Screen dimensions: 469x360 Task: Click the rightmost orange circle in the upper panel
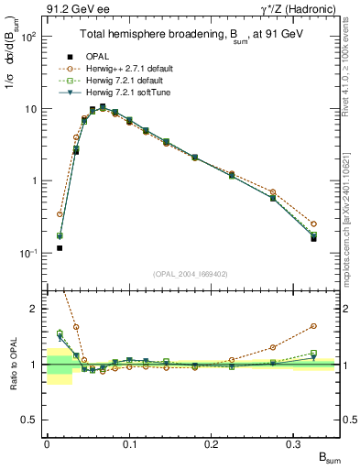pyautogui.click(x=313, y=224)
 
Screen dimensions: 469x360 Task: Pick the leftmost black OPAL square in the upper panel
pyautogui.click(x=60, y=247)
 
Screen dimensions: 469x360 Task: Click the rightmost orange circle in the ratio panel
pyautogui.click(x=313, y=325)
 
